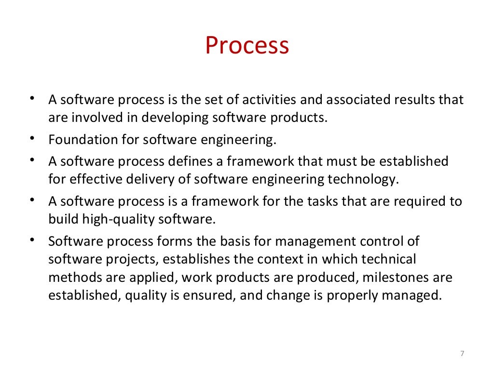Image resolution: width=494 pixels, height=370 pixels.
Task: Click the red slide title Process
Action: (x=247, y=46)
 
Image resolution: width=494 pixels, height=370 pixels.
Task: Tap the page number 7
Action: (x=462, y=354)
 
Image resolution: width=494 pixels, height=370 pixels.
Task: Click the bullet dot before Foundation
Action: (x=31, y=138)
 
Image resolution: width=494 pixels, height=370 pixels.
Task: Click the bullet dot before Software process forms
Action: (x=31, y=239)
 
